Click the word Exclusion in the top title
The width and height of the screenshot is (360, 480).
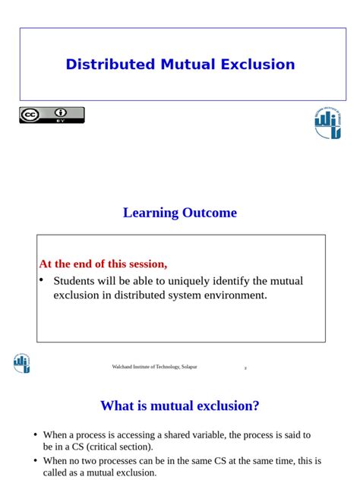[x=257, y=65]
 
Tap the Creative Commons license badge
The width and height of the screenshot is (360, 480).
[x=52, y=115]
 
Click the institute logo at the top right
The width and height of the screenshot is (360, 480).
[x=328, y=123]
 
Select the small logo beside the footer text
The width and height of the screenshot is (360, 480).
[x=22, y=364]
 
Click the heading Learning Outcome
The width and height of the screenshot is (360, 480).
[x=180, y=213]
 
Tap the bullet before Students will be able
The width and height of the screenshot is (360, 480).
[x=42, y=280]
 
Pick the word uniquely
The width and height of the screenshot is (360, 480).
[x=178, y=281]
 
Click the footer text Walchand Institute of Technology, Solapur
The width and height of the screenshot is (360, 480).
[x=154, y=367]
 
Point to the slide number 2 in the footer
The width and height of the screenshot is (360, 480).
[x=245, y=368]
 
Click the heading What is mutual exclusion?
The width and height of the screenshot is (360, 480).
[x=180, y=406]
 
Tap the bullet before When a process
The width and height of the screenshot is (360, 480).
[x=35, y=435]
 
